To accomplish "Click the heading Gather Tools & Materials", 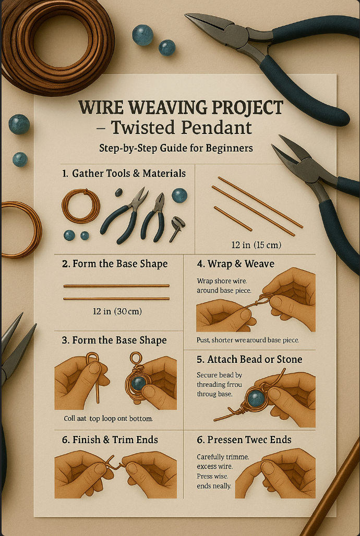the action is tap(129, 173).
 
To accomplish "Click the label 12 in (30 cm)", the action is tap(117, 311).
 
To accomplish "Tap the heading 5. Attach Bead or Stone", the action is tap(249, 360).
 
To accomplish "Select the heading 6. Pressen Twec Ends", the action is tap(244, 440).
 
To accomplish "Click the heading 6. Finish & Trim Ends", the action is tap(110, 440).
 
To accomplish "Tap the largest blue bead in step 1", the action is tap(179, 196).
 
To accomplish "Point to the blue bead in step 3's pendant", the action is tap(138, 384).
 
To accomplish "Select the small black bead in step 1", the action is tap(119, 192).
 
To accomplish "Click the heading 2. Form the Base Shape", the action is tap(115, 264).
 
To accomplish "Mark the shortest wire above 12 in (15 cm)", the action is tap(233, 218).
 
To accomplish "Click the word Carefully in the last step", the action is tap(210, 457).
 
